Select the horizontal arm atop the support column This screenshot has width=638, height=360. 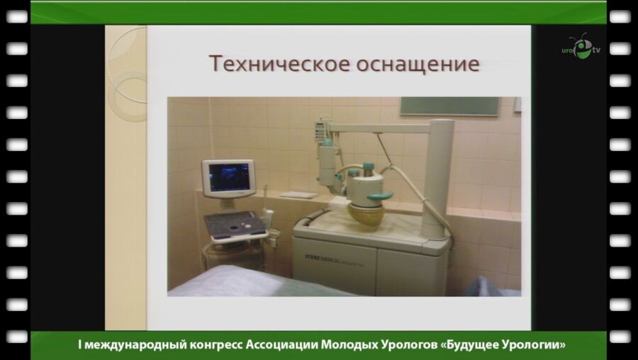coord(383,128)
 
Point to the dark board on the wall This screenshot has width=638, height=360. coord(449,106)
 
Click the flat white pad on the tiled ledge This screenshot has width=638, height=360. coord(298,195)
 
